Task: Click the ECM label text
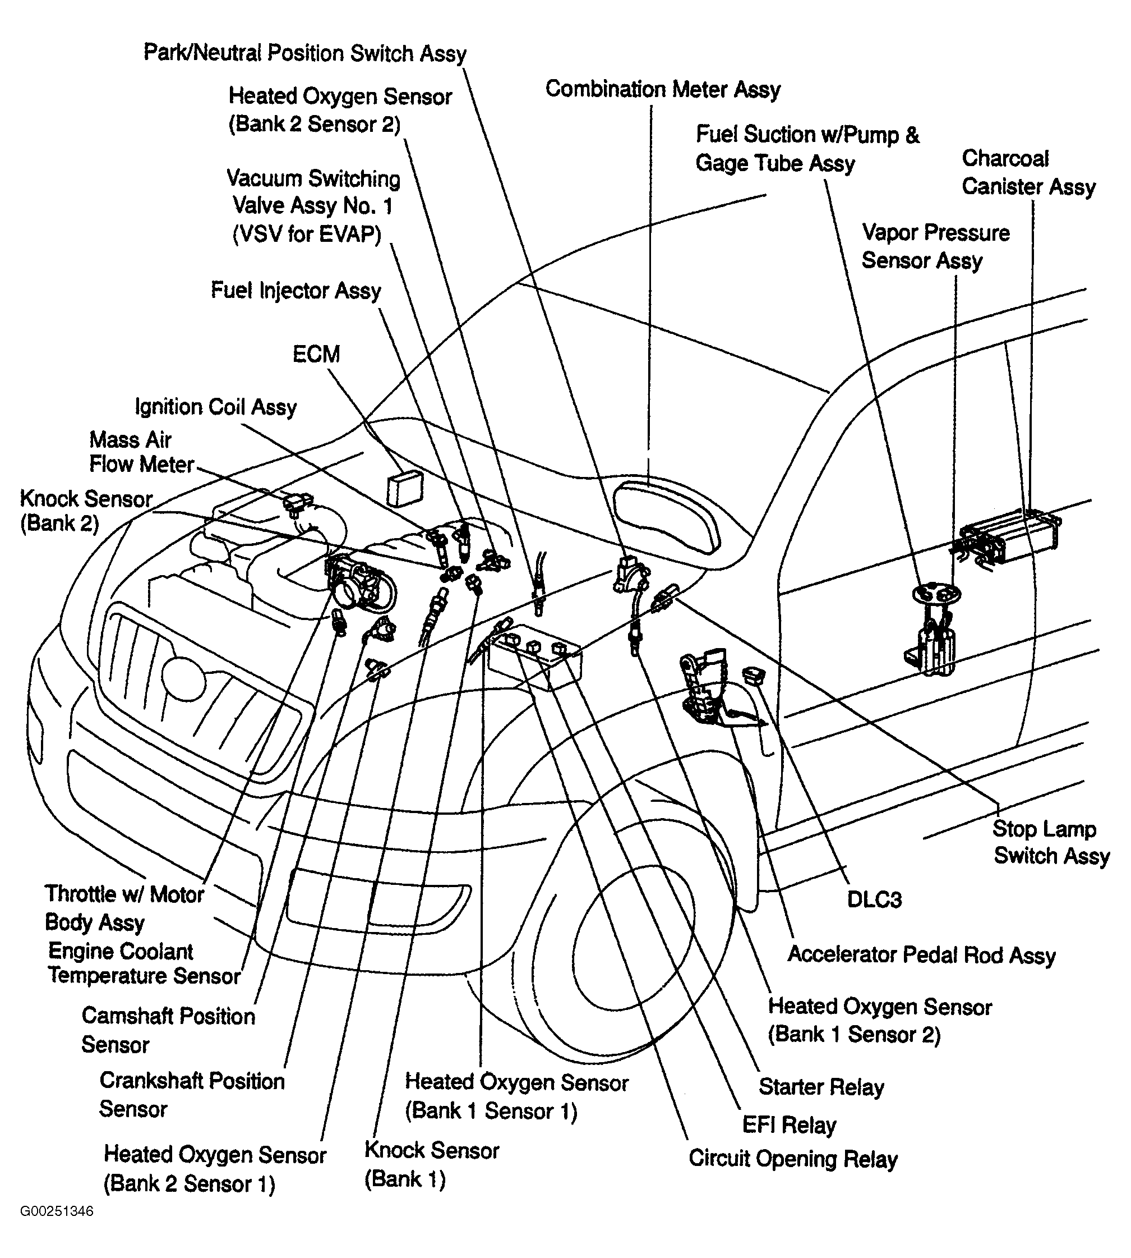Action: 316,355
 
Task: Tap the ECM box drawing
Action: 404,489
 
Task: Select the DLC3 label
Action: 874,899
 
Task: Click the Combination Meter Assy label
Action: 663,90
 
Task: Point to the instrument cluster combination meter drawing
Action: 667,517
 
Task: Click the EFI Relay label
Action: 789,1124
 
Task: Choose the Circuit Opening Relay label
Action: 793,1159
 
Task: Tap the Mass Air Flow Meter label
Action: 142,452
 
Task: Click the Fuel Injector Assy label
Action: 296,291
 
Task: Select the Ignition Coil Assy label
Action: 216,407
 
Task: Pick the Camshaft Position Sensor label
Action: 168,1030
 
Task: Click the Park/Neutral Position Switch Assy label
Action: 305,53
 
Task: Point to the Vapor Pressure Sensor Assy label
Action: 935,246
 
